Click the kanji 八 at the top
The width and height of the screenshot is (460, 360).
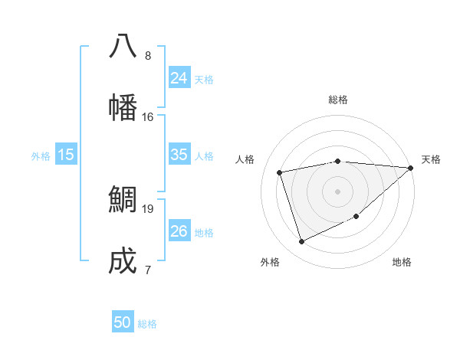pyautogui.click(x=123, y=46)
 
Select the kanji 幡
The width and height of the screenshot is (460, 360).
pyautogui.click(x=123, y=107)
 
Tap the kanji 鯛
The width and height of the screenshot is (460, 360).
pyautogui.click(x=123, y=199)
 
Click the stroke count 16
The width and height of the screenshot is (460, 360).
pyautogui.click(x=148, y=117)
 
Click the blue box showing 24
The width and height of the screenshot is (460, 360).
pyautogui.click(x=179, y=78)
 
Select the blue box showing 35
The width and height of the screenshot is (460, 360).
pyautogui.click(x=179, y=155)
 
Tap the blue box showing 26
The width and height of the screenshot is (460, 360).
pyautogui.click(x=179, y=231)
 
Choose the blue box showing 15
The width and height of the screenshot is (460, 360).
pyautogui.click(x=66, y=155)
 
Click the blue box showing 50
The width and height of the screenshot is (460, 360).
pyautogui.click(x=123, y=322)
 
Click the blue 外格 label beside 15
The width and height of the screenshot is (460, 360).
pyautogui.click(x=41, y=155)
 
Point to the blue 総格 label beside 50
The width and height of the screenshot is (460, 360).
pyautogui.click(x=147, y=324)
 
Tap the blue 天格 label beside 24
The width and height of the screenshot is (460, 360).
pyautogui.click(x=204, y=79)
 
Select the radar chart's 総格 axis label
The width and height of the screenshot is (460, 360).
pyautogui.click(x=338, y=100)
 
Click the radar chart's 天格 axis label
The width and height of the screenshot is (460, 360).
pyautogui.click(x=431, y=159)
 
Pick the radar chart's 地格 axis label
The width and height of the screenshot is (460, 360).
pyautogui.click(x=402, y=262)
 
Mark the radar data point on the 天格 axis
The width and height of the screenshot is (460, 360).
pyautogui.click(x=410, y=168)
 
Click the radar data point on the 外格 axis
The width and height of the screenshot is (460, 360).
pyautogui.click(x=301, y=242)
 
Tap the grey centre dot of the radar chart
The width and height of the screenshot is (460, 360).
pyautogui.click(x=337, y=191)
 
